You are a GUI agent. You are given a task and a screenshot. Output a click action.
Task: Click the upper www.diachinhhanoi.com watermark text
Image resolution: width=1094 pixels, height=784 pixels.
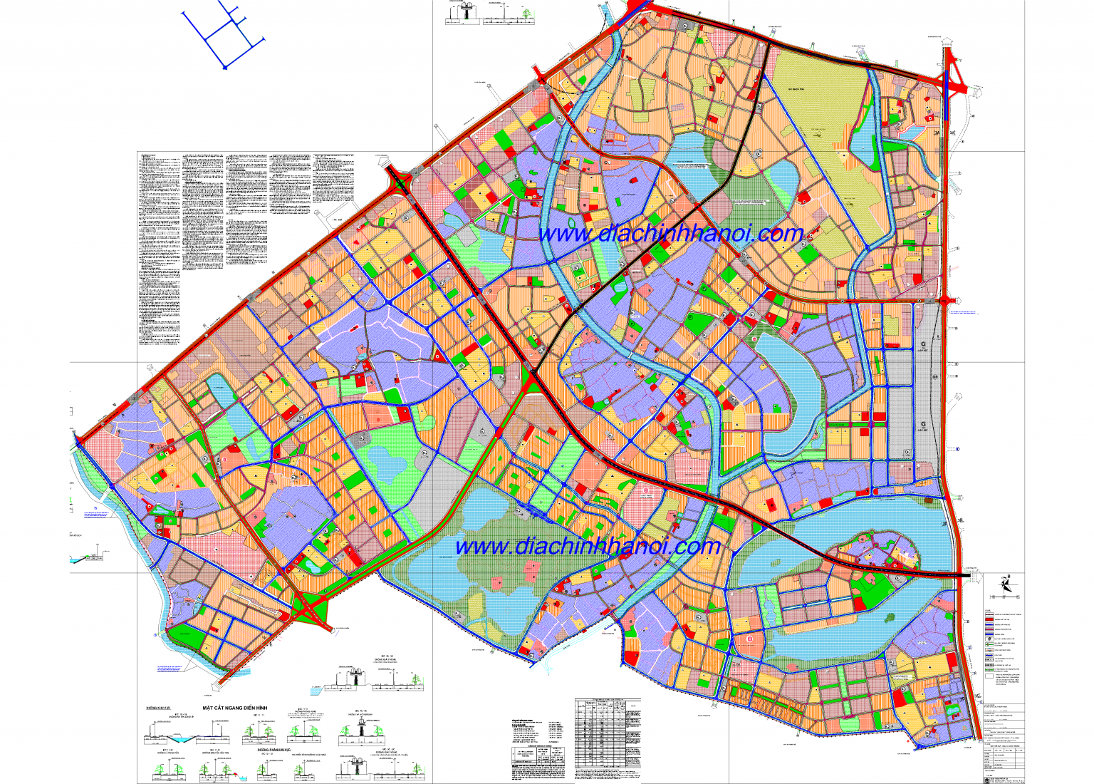coord(670,234)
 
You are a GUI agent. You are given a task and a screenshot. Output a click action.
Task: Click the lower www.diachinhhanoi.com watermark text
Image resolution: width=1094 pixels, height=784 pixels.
coord(588,547)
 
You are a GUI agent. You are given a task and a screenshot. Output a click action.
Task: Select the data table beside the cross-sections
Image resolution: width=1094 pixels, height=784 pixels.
coord(607,738)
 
